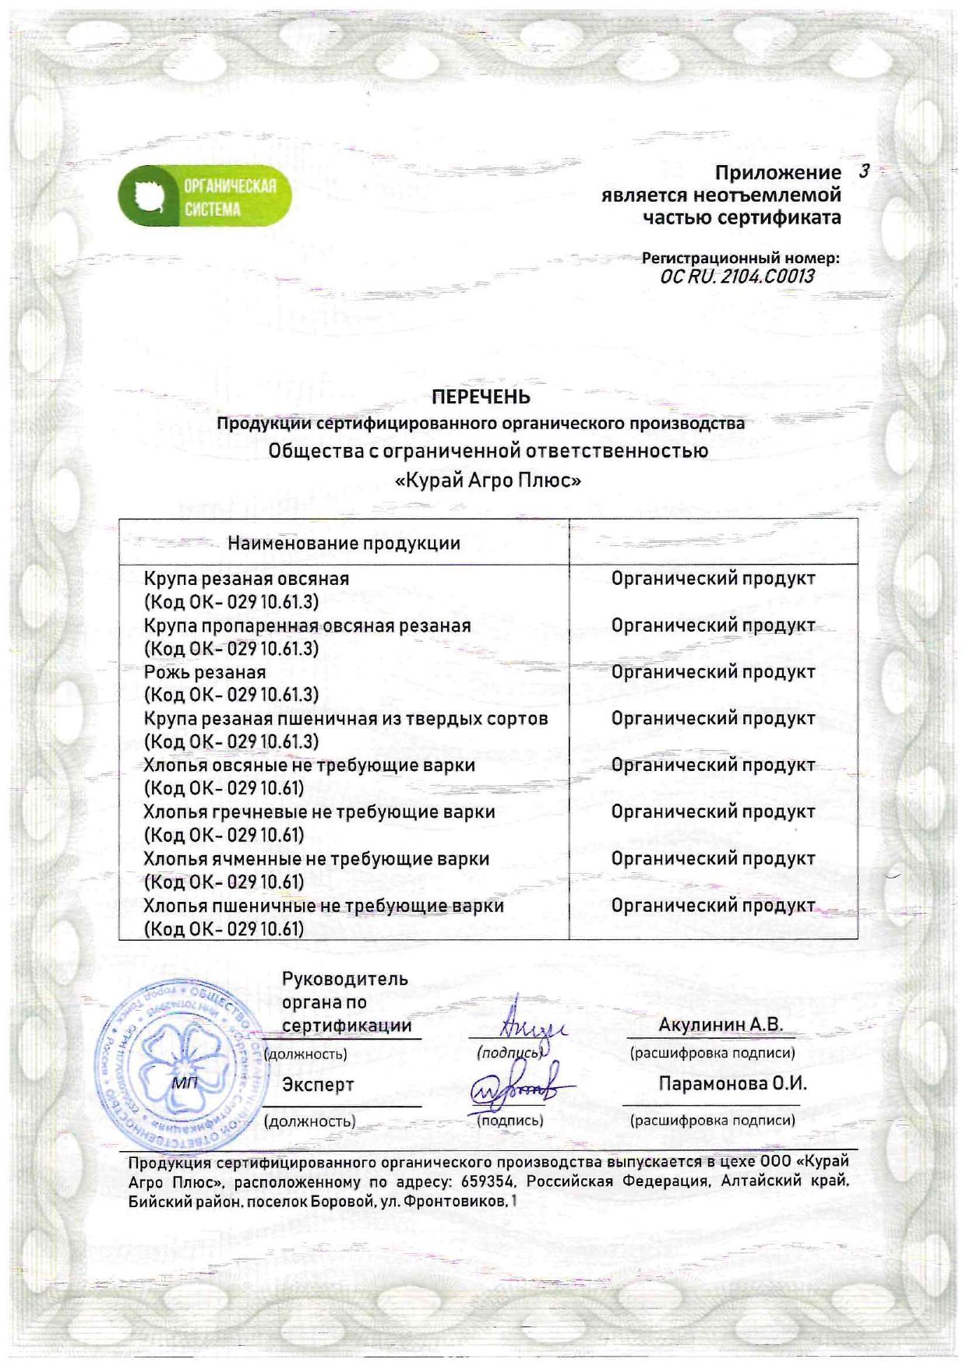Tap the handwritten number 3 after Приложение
pyautogui.click(x=863, y=171)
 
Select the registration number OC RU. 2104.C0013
pyautogui.click(x=737, y=276)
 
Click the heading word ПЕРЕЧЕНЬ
pyautogui.click(x=481, y=397)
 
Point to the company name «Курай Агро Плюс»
pyautogui.click(x=488, y=481)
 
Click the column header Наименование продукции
pyautogui.click(x=344, y=543)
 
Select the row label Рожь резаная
pyautogui.click(x=205, y=672)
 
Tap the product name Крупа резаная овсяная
pyautogui.click(x=246, y=579)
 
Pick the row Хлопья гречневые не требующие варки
pyautogui.click(x=319, y=812)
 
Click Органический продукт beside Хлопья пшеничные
pyautogui.click(x=713, y=905)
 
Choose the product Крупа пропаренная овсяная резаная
pyautogui.click(x=307, y=625)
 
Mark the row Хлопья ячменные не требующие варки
pyautogui.click(x=316, y=858)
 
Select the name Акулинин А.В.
pyautogui.click(x=721, y=1025)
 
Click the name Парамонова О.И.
pyautogui.click(x=732, y=1084)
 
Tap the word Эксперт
pyautogui.click(x=318, y=1084)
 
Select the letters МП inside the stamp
pyautogui.click(x=185, y=1083)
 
